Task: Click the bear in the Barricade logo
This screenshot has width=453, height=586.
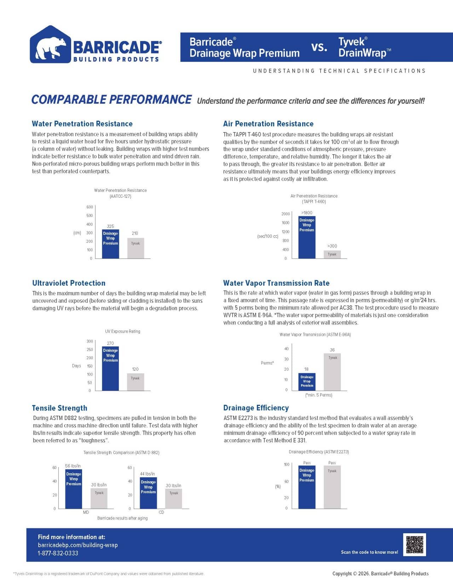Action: click(50, 47)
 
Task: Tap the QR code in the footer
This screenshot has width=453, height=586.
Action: click(414, 545)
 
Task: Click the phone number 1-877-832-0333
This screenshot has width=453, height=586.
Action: click(58, 553)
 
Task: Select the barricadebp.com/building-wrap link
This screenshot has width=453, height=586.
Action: click(78, 545)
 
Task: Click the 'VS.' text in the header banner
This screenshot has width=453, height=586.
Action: click(319, 47)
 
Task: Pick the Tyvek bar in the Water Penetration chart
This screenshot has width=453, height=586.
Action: click(136, 248)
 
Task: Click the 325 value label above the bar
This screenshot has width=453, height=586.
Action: click(110, 226)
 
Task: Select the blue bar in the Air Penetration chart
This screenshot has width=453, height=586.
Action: click(307, 237)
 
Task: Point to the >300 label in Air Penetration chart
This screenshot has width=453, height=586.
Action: click(332, 246)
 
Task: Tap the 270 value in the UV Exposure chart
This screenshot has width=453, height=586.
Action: click(110, 343)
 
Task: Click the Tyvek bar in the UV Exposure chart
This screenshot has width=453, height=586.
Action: click(136, 382)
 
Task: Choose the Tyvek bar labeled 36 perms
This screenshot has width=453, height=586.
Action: click(332, 372)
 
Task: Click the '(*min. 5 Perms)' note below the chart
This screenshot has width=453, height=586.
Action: click(319, 395)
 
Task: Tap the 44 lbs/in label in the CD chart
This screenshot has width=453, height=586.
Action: click(148, 474)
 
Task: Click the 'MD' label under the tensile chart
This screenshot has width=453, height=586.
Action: click(86, 512)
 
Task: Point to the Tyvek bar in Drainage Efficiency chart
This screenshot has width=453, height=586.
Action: click(332, 487)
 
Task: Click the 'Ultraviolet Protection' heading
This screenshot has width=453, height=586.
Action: click(69, 283)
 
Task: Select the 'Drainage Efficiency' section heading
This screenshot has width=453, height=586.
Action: click(256, 408)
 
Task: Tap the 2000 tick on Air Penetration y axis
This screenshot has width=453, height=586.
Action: click(286, 214)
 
